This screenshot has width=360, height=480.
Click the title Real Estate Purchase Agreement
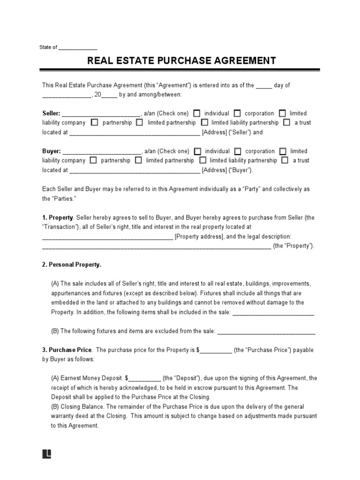(180, 61)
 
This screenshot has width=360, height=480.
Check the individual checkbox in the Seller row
(197, 113)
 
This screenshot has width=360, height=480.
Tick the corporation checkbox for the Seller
(237, 113)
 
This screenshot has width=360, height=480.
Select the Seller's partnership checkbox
(94, 123)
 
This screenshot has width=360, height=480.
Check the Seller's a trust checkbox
(286, 123)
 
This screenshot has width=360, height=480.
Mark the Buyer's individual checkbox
(197, 151)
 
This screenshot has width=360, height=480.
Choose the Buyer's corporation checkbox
(237, 151)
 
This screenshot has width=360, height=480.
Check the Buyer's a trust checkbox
(285, 160)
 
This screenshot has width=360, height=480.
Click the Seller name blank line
(101, 114)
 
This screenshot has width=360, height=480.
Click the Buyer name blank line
(101, 152)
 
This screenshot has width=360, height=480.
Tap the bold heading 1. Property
(58, 218)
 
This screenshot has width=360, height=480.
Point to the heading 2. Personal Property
(72, 265)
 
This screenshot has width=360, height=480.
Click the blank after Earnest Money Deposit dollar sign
(145, 378)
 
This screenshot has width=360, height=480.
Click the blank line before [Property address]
(108, 237)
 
